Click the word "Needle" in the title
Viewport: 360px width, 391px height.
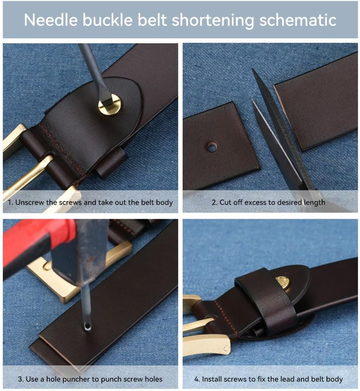tap(51, 20)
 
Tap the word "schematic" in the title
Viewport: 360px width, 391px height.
tap(298, 20)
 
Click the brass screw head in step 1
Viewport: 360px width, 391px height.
tap(110, 105)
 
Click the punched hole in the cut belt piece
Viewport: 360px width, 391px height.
tap(212, 147)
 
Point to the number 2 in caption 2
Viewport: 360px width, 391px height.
tap(214, 203)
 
